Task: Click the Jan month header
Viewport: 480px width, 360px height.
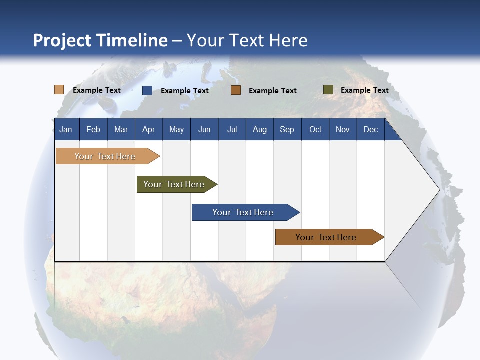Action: point(66,129)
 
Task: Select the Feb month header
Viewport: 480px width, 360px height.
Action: point(93,129)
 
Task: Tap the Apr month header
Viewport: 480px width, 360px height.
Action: point(148,129)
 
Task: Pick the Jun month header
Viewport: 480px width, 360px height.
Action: point(204,129)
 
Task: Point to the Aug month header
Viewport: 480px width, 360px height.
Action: point(260,129)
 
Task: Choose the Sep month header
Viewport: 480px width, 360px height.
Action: point(287,129)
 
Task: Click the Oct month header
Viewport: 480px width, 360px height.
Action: point(315,129)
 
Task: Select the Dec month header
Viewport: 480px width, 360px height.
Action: point(370,129)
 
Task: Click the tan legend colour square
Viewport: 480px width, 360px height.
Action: point(59,90)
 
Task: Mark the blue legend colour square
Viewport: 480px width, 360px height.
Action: point(147,90)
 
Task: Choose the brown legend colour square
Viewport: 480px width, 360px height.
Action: point(236,90)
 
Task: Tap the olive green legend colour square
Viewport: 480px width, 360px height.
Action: point(328,90)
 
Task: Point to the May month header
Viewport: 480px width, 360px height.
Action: point(176,129)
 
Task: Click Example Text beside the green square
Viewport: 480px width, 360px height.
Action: point(364,90)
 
